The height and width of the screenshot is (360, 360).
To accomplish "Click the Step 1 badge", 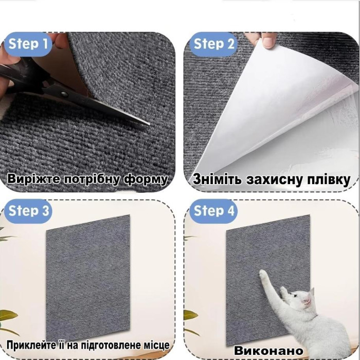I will (x=29, y=44).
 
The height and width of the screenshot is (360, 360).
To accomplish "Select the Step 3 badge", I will (x=29, y=211).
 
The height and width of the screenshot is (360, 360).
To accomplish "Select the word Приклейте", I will (x=30, y=345).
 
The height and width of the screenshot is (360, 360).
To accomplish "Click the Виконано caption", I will (x=268, y=350).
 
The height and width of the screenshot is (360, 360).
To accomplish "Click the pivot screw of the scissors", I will (x=64, y=94).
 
